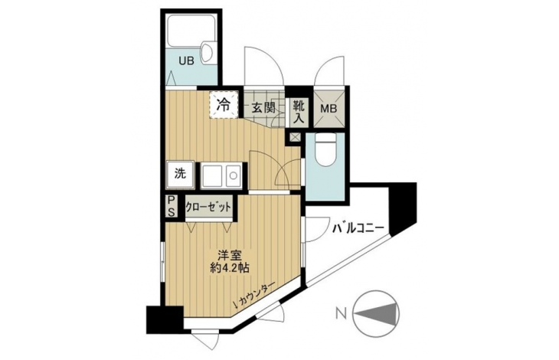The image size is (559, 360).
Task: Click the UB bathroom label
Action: [186, 61]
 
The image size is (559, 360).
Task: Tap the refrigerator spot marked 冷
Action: [224, 104]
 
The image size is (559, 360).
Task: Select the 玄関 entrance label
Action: [263, 108]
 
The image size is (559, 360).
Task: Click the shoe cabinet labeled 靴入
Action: [299, 112]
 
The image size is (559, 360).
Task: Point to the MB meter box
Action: [329, 108]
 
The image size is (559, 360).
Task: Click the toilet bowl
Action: [325, 149]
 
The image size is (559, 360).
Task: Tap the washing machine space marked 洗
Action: [181, 175]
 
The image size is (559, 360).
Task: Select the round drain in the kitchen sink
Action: [233, 175]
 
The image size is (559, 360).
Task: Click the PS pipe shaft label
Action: [171, 206]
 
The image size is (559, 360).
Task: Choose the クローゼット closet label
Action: [208, 207]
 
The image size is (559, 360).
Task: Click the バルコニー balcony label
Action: [358, 227]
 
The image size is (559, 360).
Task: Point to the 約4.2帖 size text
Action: [229, 267]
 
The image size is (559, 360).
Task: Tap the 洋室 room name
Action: [230, 256]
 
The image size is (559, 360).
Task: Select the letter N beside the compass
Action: [342, 314]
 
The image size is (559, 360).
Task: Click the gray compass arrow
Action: [377, 314]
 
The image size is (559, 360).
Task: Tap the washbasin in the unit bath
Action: [207, 54]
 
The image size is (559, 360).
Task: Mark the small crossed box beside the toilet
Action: [295, 137]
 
